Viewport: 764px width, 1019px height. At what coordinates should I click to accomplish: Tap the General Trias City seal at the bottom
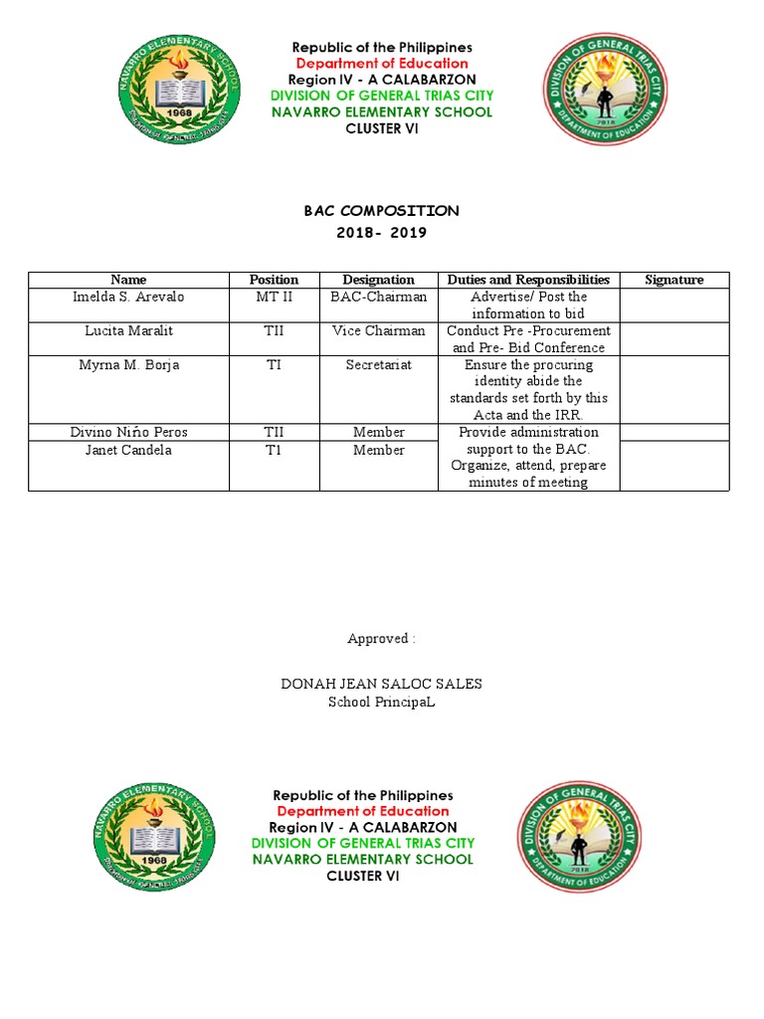(578, 836)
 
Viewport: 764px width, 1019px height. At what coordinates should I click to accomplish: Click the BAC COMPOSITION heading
(381, 211)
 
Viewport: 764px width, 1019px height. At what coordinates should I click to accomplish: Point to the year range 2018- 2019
(381, 233)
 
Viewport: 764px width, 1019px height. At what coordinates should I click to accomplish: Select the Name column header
(128, 280)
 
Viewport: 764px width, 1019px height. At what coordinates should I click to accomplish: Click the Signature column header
(673, 280)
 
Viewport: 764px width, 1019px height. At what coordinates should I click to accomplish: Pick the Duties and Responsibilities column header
(528, 280)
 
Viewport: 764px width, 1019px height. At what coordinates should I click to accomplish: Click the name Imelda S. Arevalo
(128, 297)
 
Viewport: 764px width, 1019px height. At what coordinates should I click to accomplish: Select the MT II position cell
(274, 297)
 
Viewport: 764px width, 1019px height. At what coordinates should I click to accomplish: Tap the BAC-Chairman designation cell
(378, 297)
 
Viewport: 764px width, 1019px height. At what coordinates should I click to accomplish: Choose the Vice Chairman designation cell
(378, 330)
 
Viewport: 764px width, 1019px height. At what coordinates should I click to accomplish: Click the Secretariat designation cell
(378, 365)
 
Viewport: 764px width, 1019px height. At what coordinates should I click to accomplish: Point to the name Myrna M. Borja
(128, 365)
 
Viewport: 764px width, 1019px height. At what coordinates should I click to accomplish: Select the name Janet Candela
(128, 450)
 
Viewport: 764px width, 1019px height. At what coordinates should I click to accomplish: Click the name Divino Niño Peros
(128, 432)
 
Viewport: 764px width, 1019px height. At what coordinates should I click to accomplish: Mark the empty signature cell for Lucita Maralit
(673, 338)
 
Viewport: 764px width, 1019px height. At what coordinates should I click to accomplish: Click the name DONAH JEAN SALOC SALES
(381, 684)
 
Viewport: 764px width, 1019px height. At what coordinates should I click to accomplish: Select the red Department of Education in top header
(382, 64)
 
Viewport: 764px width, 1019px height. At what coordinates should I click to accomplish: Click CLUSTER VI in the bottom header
(363, 876)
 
